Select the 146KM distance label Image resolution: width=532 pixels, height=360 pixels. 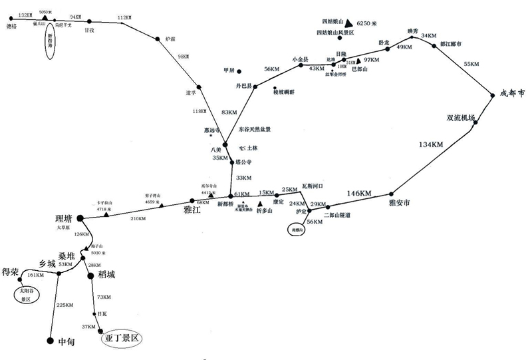click(x=359, y=194)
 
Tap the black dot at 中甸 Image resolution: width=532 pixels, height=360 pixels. click(x=49, y=341)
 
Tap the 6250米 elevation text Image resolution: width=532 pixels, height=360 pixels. click(x=369, y=22)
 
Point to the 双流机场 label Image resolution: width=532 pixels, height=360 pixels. click(x=460, y=118)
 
